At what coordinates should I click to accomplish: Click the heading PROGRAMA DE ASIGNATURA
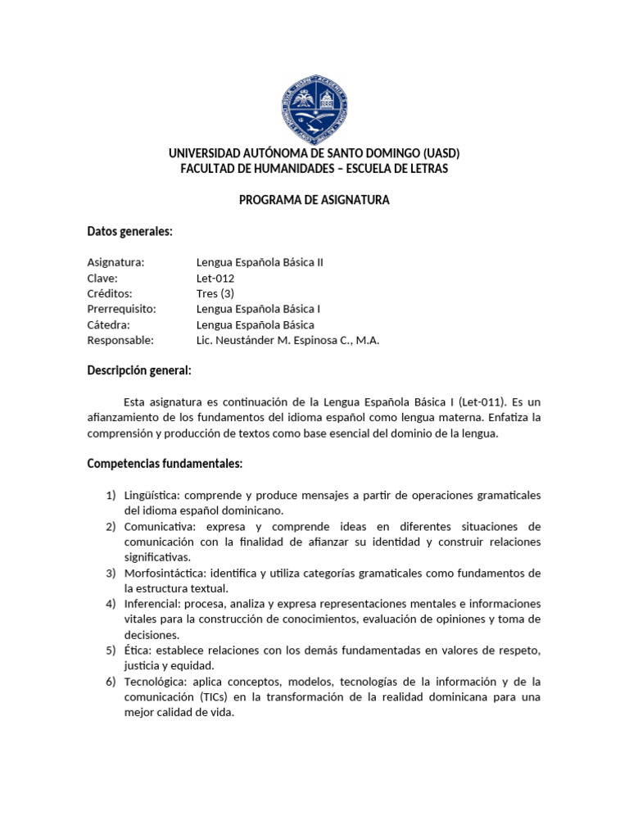pyautogui.click(x=314, y=200)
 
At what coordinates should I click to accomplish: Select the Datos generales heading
pyautogui.click(x=129, y=232)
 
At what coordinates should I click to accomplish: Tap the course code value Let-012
pyautogui.click(x=215, y=278)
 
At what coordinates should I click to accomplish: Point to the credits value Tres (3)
pyautogui.click(x=215, y=293)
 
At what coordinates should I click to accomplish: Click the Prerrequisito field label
pyautogui.click(x=121, y=309)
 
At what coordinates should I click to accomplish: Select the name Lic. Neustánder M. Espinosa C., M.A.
pyautogui.click(x=288, y=340)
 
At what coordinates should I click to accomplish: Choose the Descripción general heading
pyautogui.click(x=138, y=371)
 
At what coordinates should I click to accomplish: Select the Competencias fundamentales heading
pyautogui.click(x=165, y=465)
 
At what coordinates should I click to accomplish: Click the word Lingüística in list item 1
pyautogui.click(x=150, y=496)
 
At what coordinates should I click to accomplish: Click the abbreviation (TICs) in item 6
pyautogui.click(x=214, y=697)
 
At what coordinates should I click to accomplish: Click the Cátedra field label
pyautogui.click(x=110, y=324)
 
